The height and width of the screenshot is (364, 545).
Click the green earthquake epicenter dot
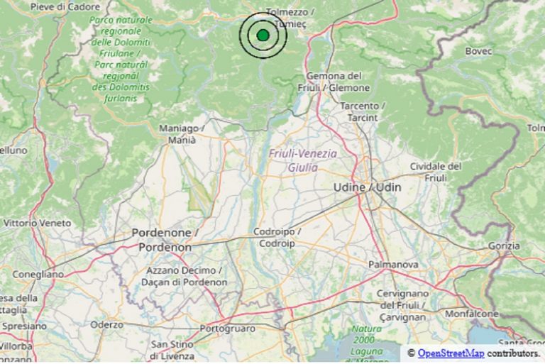263,35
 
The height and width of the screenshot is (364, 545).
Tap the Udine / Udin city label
366,187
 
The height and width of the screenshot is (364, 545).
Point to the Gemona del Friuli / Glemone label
338,82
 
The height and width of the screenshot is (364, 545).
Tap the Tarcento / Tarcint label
363,111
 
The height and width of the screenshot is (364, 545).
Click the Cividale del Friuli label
436,172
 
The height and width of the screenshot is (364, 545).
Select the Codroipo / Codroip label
278,237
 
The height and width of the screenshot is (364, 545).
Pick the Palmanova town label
392,265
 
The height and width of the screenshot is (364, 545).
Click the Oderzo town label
107,324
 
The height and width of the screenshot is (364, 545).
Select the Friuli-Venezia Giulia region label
303,160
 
